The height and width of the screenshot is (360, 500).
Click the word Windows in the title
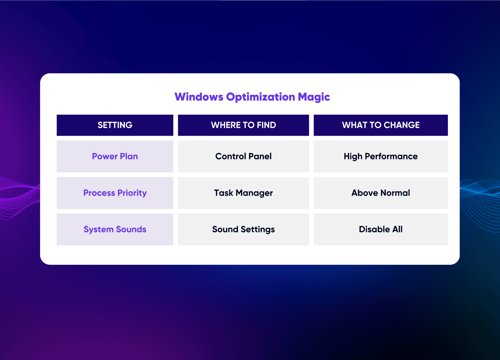tap(199, 97)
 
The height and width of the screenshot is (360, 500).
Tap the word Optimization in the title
tap(260, 97)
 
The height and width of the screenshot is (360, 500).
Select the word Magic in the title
tap(314, 97)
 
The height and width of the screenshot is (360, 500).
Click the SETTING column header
tap(115, 125)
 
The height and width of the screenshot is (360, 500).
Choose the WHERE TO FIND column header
tap(243, 125)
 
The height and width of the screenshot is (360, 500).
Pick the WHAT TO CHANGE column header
tap(381, 125)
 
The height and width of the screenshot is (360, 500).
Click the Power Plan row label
tap(115, 156)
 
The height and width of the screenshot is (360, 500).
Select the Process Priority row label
tap(115, 193)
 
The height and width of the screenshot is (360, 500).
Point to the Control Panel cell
tap(243, 156)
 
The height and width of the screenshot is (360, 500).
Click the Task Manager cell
tap(243, 193)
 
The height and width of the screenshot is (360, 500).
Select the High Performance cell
tap(381, 157)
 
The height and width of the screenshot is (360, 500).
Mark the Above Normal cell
tap(381, 193)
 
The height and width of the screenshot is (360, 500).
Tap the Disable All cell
tap(381, 229)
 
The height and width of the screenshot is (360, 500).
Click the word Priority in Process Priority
tap(132, 193)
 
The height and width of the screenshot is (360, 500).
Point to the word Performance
tap(391, 156)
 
